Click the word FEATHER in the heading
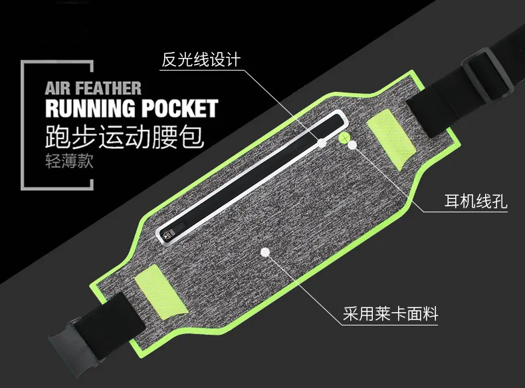[108, 89]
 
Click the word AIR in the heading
[58, 89]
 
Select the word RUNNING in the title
[90, 108]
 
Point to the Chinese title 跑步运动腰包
[124, 137]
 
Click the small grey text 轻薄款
[69, 161]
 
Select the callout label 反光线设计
[201, 60]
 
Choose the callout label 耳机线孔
[475, 201]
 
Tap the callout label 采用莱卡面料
[390, 314]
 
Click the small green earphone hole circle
[344, 138]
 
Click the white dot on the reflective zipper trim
[322, 143]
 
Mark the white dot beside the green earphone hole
[352, 145]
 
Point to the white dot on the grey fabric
[265, 252]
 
